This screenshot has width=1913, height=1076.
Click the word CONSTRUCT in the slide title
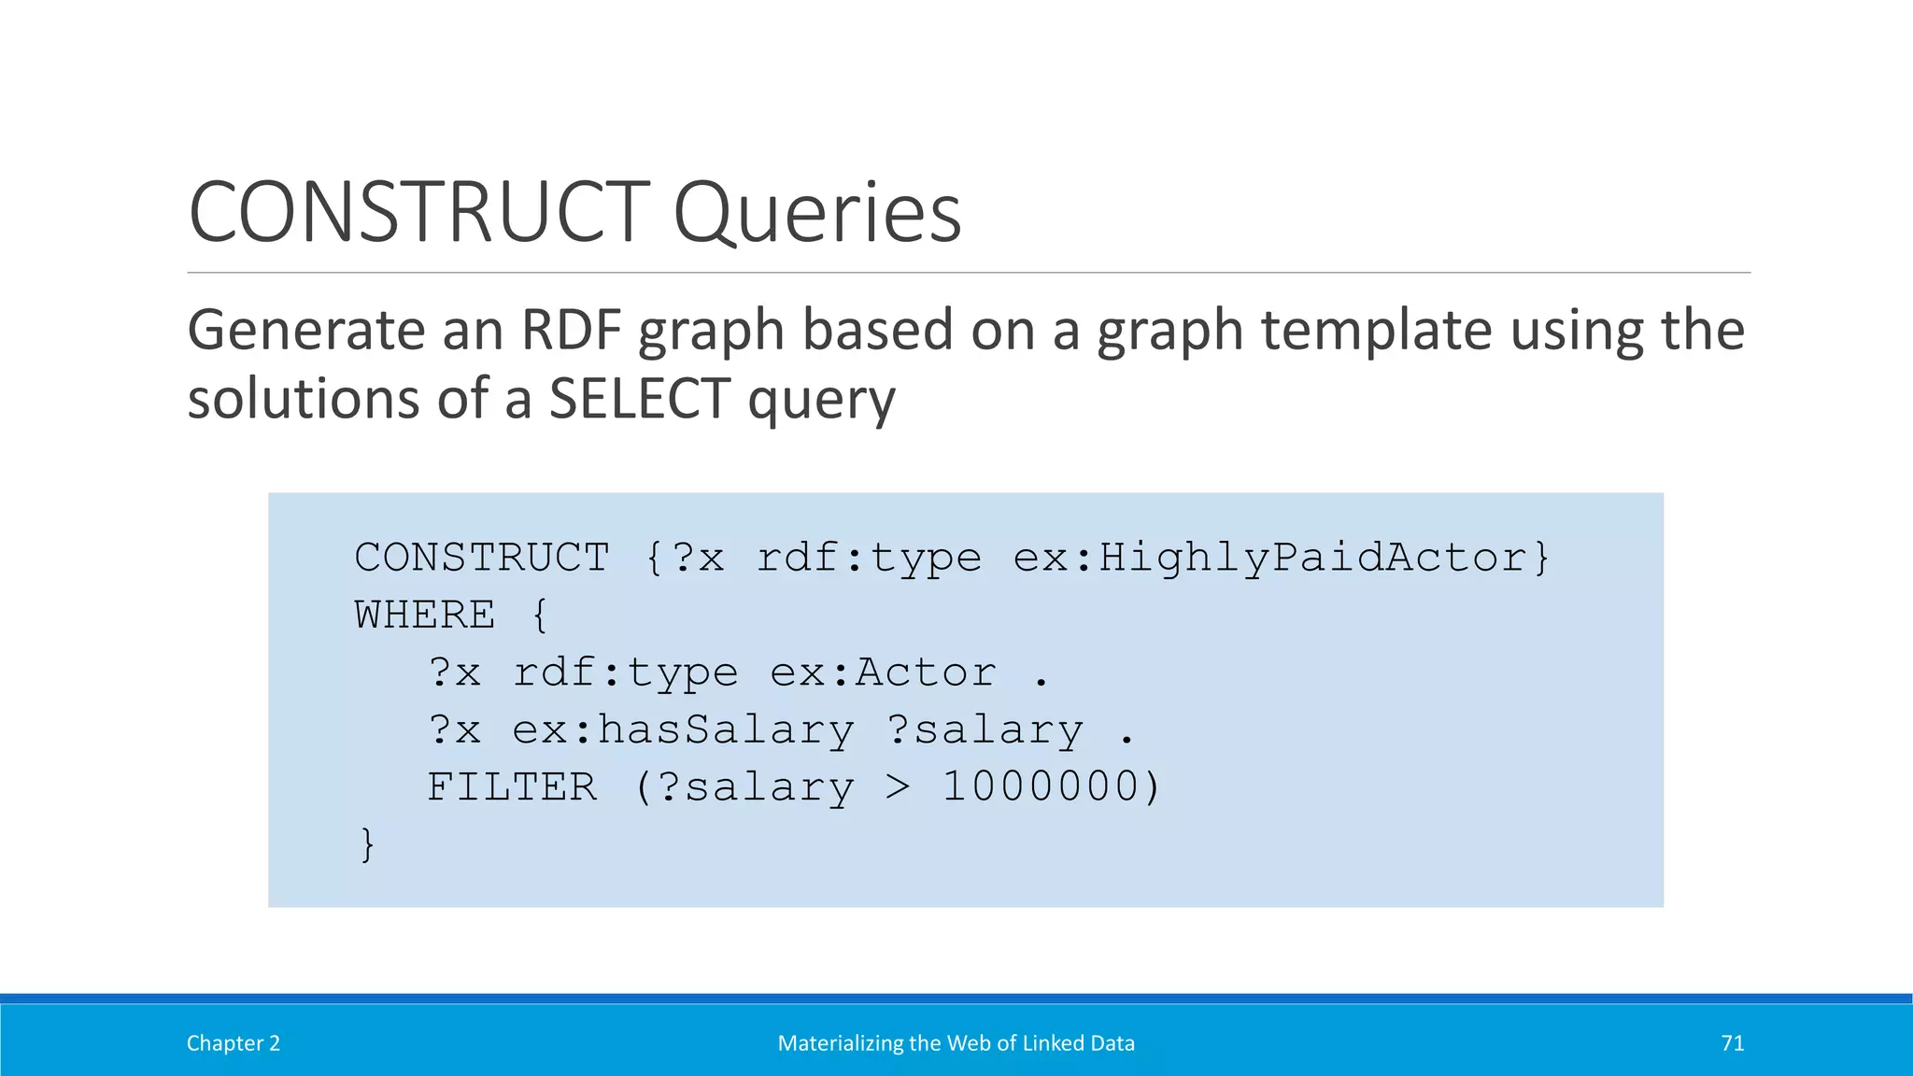419,213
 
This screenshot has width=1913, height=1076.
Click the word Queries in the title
816,215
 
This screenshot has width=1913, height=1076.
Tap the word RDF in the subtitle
571,331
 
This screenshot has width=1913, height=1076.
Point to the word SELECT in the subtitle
639,399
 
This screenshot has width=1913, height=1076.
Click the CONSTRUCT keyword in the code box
482,558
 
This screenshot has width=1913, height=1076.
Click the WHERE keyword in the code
425,616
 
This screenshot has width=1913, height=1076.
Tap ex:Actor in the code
883,672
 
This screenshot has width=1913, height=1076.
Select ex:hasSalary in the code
683,730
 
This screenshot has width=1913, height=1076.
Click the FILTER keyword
512,787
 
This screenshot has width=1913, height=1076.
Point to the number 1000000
1040,787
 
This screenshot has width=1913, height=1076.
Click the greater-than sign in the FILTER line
897,787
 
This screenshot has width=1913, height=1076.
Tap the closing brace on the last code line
367,844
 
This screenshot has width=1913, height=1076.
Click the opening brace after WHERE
539,616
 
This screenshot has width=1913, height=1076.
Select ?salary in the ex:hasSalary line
985,730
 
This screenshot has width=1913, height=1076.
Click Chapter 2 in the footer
233,1043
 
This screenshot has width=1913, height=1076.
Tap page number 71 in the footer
1732,1043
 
